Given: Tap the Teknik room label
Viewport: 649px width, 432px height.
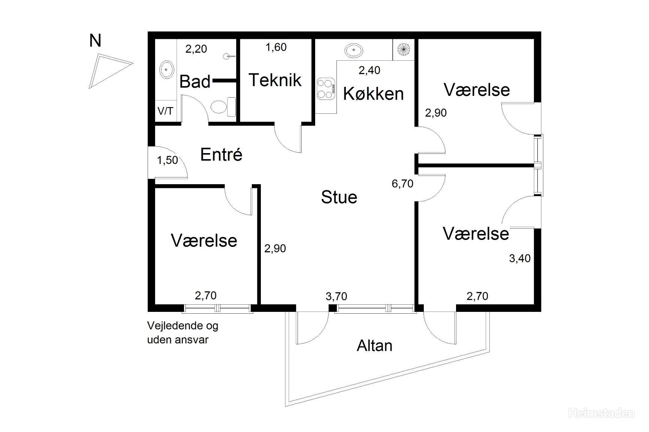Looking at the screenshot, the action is click(x=275, y=80).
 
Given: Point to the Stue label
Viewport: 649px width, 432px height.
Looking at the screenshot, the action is click(x=339, y=197).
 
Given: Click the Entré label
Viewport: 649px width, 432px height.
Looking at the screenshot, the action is click(x=221, y=154).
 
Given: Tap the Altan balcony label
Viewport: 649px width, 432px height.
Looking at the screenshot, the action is click(x=375, y=346).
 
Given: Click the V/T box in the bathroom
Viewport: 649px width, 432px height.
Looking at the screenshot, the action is click(x=166, y=111).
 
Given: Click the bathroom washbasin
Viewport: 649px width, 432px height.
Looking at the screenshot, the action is click(x=166, y=70).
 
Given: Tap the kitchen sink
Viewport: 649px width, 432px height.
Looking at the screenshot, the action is click(x=353, y=50).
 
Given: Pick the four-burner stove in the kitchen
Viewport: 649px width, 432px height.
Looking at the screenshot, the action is click(x=326, y=89).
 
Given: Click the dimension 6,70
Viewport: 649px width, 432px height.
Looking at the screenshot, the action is click(x=402, y=183).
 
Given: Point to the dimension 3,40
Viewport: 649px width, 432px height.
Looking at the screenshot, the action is click(x=520, y=258).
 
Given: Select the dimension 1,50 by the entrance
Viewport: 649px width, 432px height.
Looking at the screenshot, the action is click(x=167, y=160).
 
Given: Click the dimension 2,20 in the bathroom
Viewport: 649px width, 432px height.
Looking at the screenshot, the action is click(x=197, y=49).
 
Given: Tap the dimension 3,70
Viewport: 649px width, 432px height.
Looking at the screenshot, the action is click(x=336, y=296).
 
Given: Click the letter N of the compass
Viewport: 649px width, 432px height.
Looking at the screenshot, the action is click(x=95, y=40).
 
